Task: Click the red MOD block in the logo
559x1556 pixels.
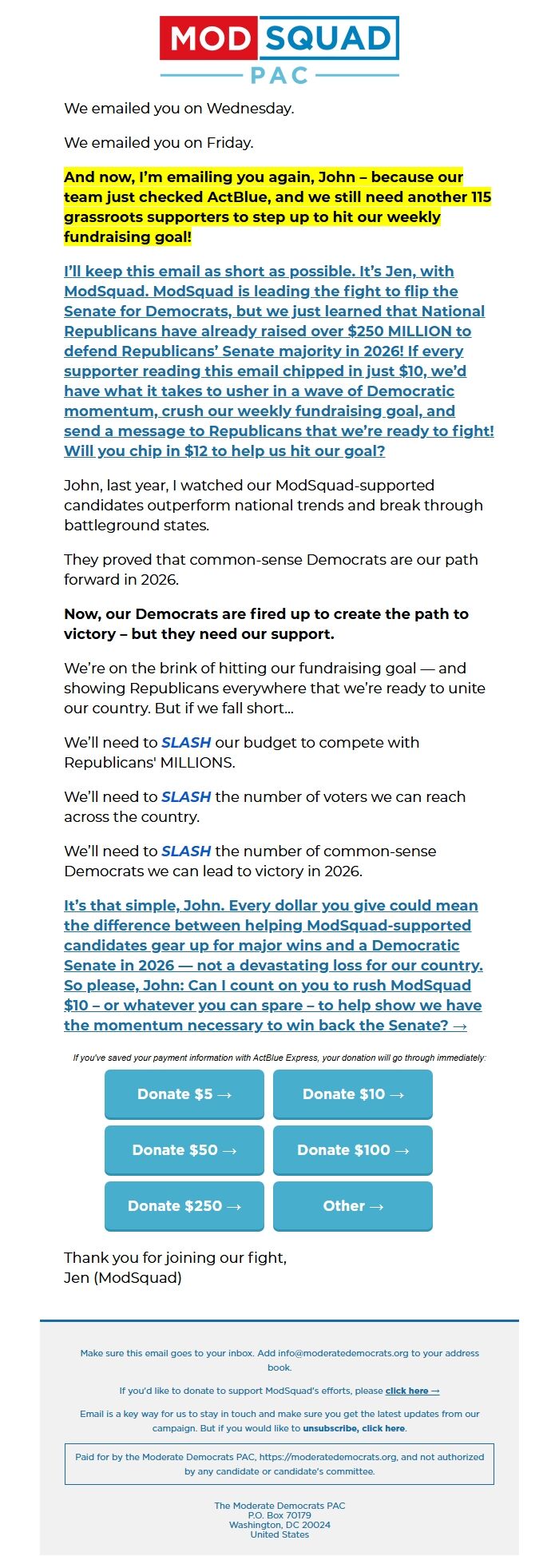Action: [x=209, y=38]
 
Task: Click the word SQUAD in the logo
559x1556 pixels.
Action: [x=328, y=38]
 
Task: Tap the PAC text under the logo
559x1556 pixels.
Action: [x=279, y=76]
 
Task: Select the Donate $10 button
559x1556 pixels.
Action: [x=352, y=1094]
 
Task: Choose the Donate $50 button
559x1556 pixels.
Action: [x=184, y=1150]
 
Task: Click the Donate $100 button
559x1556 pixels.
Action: [x=352, y=1150]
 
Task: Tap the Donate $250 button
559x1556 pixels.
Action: [x=184, y=1206]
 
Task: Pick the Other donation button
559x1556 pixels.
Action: [x=352, y=1206]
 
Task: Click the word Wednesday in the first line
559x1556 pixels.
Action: [x=249, y=109]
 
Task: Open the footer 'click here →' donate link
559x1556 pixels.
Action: [x=412, y=1391]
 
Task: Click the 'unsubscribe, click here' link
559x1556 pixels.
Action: [x=354, y=1428]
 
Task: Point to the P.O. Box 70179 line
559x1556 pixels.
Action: [x=279, y=1515]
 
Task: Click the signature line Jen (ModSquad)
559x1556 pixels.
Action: [x=123, y=1277]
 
